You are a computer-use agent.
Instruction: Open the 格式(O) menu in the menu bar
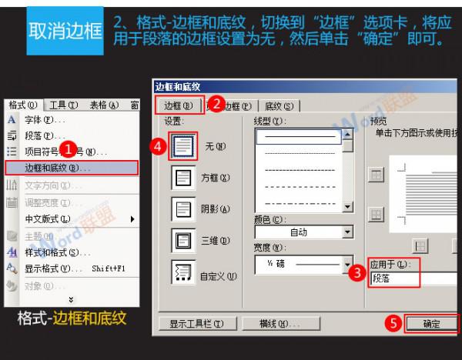(22, 105)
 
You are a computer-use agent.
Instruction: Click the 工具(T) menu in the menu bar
(62, 105)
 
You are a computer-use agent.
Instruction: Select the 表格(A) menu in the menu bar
(102, 105)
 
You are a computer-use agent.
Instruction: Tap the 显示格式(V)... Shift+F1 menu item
(69, 268)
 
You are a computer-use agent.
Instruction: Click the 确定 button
(431, 324)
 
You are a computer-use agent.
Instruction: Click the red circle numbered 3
(355, 271)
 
